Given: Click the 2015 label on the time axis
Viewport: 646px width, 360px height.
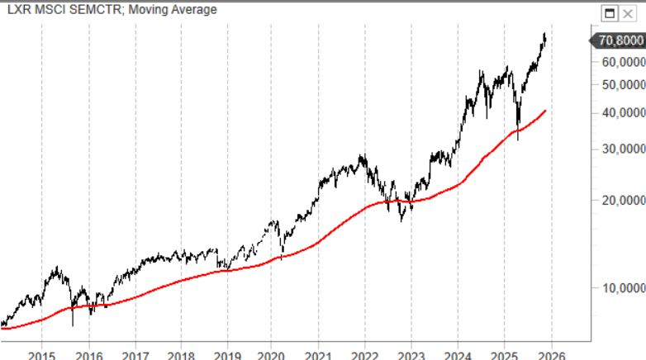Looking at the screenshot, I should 42,354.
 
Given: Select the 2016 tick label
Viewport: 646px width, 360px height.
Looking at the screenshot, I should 88,354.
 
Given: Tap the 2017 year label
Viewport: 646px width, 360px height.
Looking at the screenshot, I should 135,354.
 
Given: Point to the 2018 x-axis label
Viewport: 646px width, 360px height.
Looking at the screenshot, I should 181,354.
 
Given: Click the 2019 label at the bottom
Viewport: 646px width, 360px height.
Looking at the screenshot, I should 227,354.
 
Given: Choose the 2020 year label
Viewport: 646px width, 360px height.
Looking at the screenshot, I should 272,354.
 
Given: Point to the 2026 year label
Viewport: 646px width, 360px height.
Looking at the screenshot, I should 550,354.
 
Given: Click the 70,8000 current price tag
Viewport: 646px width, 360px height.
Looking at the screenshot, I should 619,40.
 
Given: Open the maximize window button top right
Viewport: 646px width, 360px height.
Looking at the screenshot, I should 610,13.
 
